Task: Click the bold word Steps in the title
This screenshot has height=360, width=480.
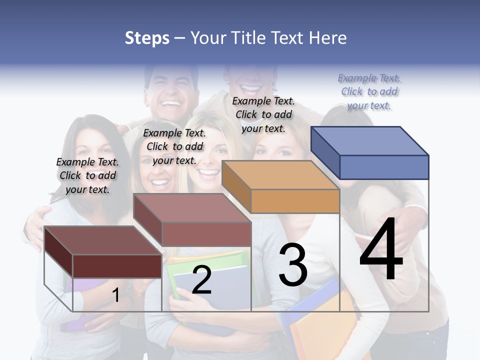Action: point(147,38)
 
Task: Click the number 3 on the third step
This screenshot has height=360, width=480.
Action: point(293,265)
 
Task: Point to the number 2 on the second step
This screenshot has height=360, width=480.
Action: point(201,280)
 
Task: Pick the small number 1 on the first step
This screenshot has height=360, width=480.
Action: point(115,295)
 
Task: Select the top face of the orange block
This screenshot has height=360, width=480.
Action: point(280,175)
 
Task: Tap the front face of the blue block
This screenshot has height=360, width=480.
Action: point(384,167)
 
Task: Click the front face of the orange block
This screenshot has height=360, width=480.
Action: point(295,201)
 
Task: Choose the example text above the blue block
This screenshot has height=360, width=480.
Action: point(369,92)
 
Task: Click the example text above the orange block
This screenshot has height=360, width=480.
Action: point(263,114)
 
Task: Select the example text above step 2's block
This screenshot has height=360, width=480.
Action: point(174,146)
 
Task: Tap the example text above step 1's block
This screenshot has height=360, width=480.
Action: point(87,175)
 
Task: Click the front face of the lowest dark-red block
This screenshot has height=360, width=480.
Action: point(117,266)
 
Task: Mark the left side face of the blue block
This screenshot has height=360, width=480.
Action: point(325,152)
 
